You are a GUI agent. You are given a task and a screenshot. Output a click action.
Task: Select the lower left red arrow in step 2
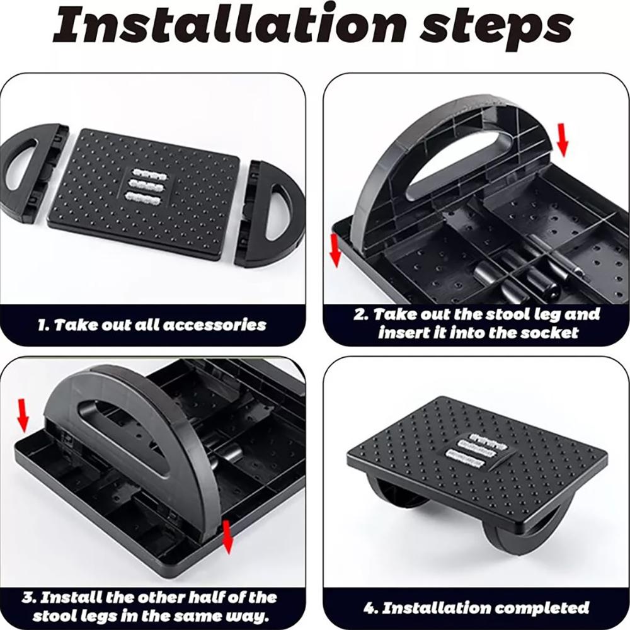pyautogui.click(x=335, y=250)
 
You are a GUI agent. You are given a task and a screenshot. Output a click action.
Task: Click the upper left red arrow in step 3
pyautogui.click(x=23, y=415)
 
